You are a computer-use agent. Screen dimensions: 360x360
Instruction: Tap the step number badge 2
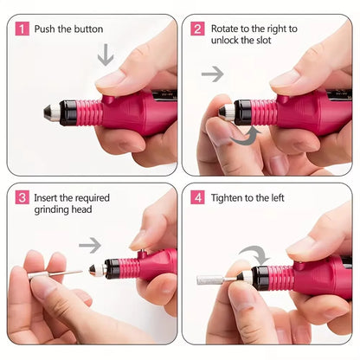[x=198, y=29]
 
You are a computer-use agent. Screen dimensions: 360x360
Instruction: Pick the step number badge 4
[x=198, y=197]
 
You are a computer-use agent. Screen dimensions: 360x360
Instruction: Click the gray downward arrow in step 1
[x=105, y=55]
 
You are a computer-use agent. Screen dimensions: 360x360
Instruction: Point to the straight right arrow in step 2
[x=212, y=74]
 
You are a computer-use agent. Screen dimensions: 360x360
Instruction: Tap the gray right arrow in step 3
[x=90, y=246]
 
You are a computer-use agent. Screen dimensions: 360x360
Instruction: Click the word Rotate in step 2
[x=224, y=29]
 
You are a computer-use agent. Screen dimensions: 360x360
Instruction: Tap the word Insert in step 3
[x=48, y=197]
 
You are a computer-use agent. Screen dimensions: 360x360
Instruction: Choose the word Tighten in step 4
[x=227, y=197]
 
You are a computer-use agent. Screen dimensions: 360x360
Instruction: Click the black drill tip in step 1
[x=48, y=112]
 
